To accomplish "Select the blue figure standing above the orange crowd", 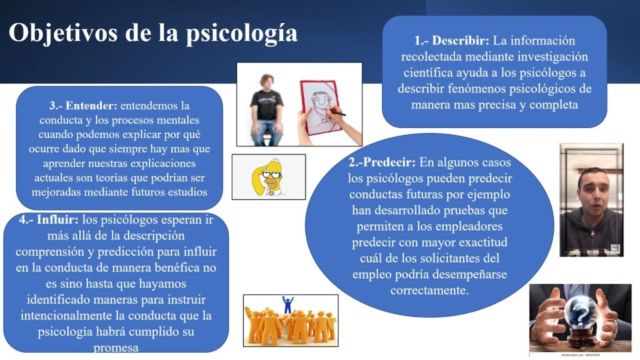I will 287,304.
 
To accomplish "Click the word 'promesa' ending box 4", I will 116,347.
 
